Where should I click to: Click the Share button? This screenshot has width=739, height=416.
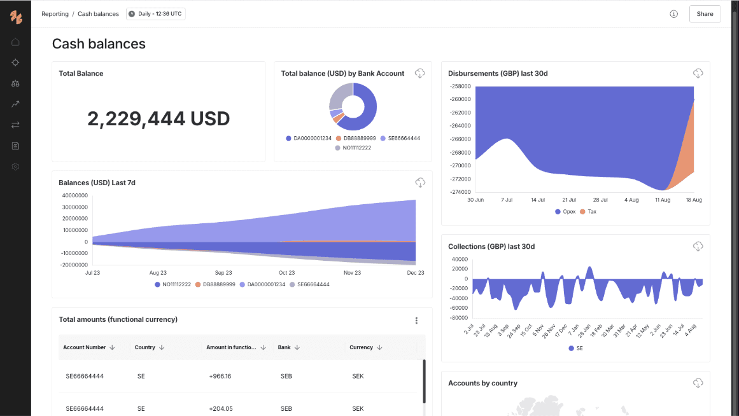click(705, 13)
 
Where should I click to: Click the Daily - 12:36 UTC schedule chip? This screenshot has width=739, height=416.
click(155, 13)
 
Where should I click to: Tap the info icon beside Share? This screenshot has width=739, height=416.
click(673, 13)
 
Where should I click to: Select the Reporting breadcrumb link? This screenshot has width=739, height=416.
click(55, 13)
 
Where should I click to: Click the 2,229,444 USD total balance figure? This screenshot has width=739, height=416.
click(158, 118)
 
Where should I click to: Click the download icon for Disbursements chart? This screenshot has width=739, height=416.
click(698, 73)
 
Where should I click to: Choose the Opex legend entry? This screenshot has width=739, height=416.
click(566, 212)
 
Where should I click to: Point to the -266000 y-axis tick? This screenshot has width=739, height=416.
click(460, 139)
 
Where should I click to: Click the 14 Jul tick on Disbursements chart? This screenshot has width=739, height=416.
click(538, 200)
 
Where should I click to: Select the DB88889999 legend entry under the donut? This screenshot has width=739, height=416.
click(356, 138)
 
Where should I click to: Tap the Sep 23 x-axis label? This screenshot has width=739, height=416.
click(223, 273)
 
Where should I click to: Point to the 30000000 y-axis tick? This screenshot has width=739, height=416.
click(75, 207)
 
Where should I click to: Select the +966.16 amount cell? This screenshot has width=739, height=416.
click(220, 376)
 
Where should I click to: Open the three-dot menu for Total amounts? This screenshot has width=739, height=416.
click(416, 321)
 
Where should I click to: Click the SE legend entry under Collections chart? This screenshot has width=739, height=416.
click(576, 348)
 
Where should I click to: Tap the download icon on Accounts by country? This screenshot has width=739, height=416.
click(698, 383)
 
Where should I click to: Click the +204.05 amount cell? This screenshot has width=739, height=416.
click(221, 408)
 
